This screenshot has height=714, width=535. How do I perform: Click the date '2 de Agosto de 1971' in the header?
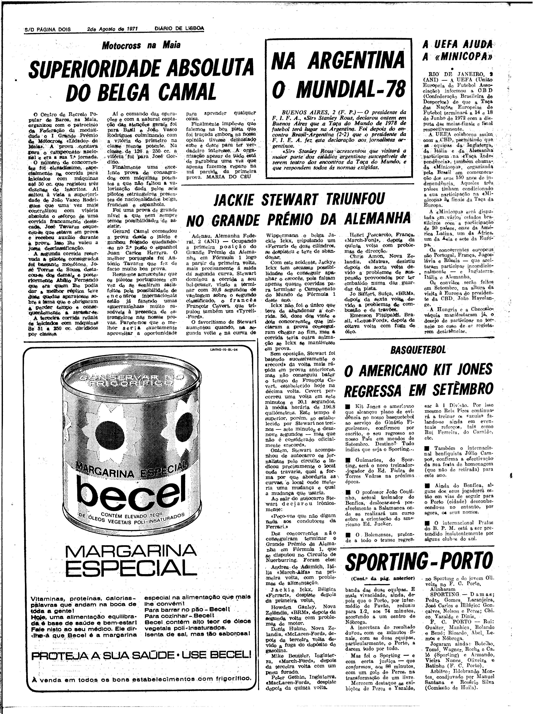point(113,29)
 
